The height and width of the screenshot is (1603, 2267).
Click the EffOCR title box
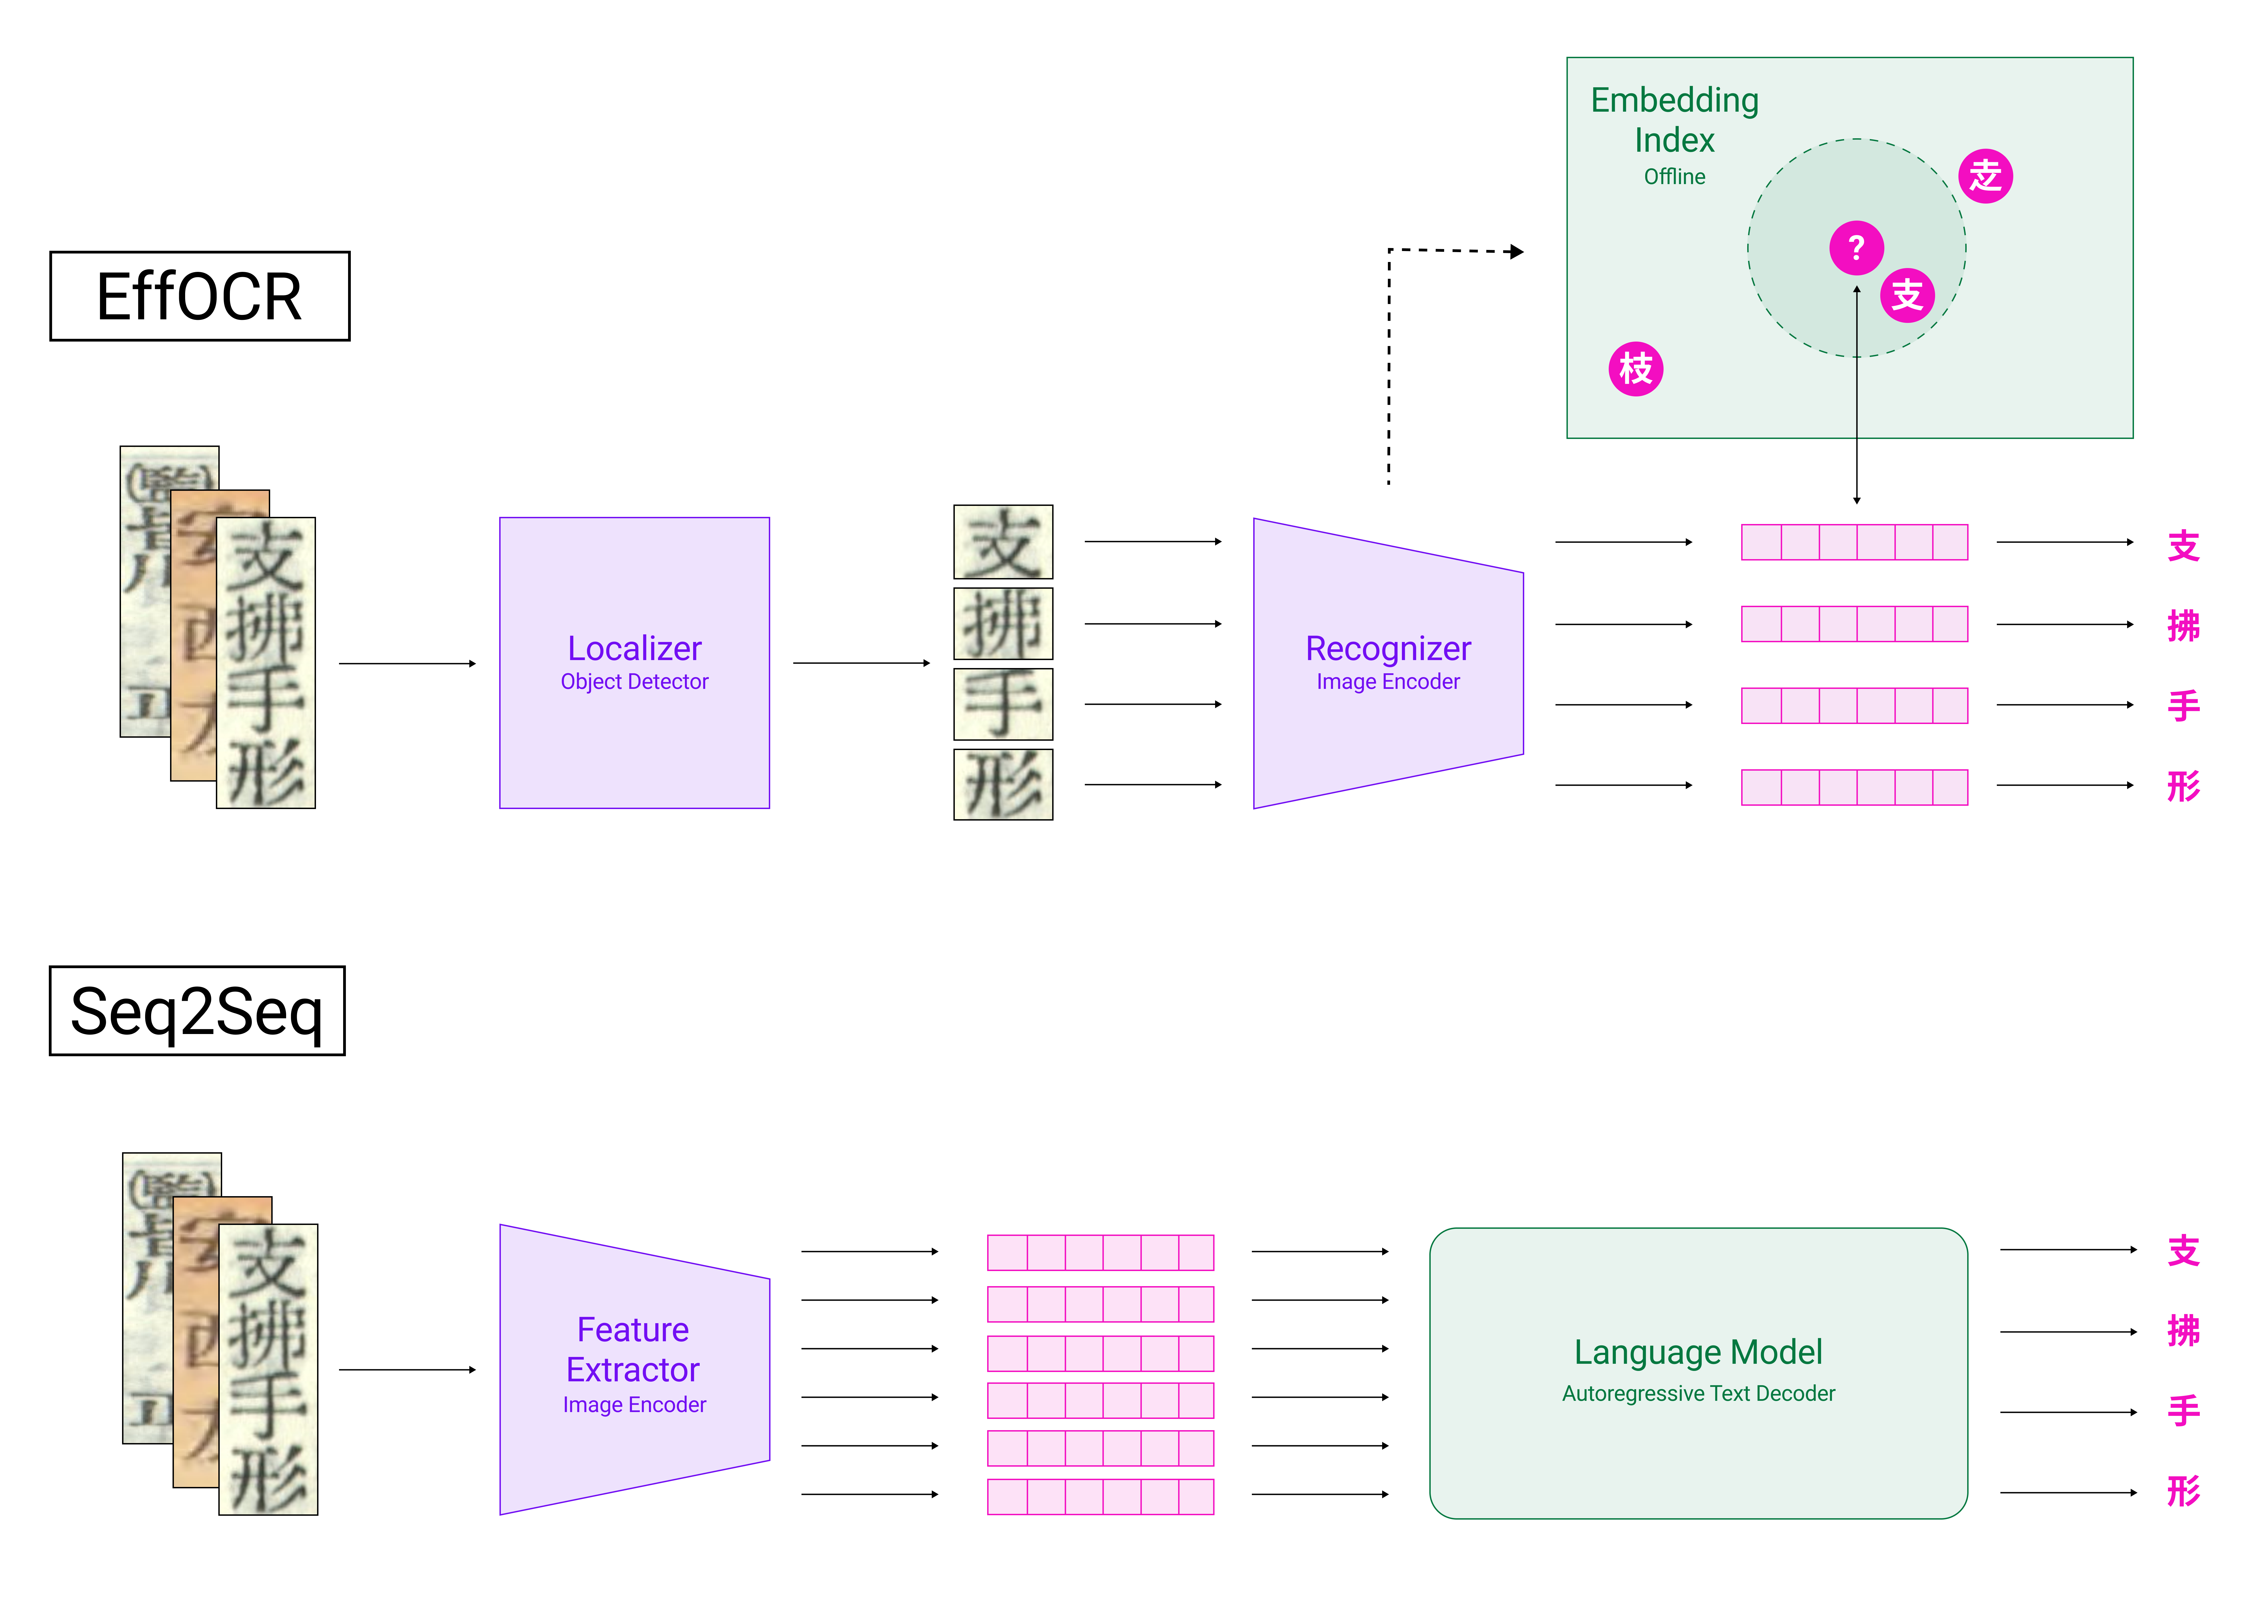tap(199, 296)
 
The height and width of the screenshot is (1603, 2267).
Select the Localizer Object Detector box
tap(634, 663)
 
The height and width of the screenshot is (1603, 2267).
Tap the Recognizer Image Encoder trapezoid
tap(1387, 663)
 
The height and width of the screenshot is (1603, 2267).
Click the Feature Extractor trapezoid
tap(634, 1369)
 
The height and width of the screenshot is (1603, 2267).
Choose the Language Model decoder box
tap(1697, 1372)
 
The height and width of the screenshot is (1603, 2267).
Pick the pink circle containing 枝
tap(1635, 369)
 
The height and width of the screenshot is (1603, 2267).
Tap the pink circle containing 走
tap(1984, 177)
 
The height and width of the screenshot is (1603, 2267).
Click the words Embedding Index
tap(1675, 120)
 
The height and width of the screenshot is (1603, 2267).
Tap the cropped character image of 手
tap(1002, 703)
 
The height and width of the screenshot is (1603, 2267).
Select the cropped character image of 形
tap(1002, 784)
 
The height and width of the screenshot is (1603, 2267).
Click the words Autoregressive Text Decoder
tap(1697, 1394)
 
